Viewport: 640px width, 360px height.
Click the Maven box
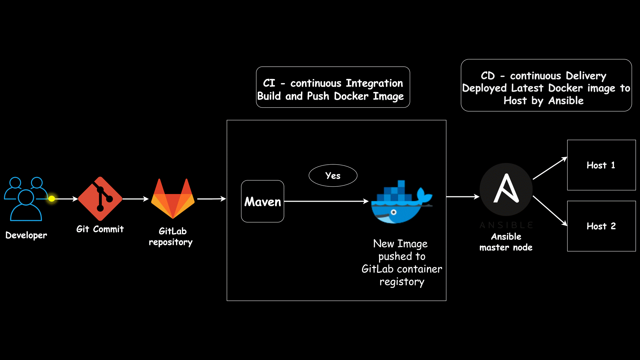pyautogui.click(x=263, y=201)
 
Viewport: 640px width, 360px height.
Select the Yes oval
pyautogui.click(x=333, y=176)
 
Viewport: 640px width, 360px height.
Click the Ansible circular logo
pyautogui.click(x=506, y=189)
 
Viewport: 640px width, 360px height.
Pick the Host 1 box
pyautogui.click(x=601, y=165)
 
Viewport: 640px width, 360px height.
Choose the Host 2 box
pyautogui.click(x=601, y=226)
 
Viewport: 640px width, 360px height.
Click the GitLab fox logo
pyautogui.click(x=173, y=199)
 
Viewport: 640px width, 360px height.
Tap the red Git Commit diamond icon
pyautogui.click(x=100, y=199)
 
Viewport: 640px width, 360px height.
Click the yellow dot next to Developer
pyautogui.click(x=52, y=199)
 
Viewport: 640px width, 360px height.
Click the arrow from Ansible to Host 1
pyautogui.click(x=550, y=168)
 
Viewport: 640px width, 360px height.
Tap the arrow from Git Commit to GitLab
pyautogui.click(x=135, y=199)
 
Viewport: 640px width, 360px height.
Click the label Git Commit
pyautogui.click(x=100, y=229)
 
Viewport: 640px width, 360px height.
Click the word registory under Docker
pyautogui.click(x=402, y=282)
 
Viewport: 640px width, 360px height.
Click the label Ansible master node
pyautogui.click(x=506, y=242)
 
